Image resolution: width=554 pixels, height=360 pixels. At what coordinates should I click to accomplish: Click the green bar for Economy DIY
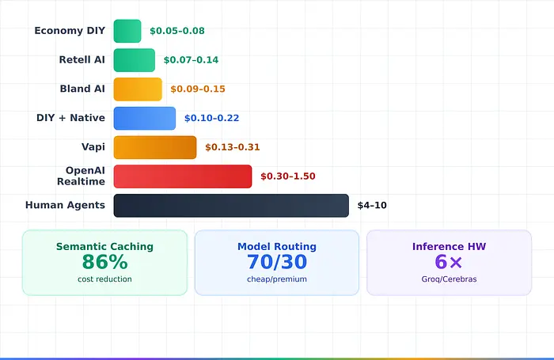pyautogui.click(x=127, y=31)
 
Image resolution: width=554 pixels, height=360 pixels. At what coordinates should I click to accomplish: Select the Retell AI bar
pyautogui.click(x=135, y=60)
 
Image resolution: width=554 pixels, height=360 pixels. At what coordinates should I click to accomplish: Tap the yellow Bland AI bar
pyautogui.click(x=138, y=89)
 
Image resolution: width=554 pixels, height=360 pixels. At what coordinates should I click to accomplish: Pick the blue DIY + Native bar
pyautogui.click(x=145, y=118)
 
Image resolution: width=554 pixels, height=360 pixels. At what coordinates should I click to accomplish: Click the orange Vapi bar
pyautogui.click(x=155, y=147)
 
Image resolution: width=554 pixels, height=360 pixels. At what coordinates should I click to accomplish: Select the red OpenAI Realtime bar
pyautogui.click(x=183, y=176)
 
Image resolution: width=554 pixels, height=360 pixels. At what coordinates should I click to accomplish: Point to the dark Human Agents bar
pyautogui.click(x=231, y=206)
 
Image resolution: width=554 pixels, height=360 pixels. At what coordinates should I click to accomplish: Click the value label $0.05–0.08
pyautogui.click(x=177, y=31)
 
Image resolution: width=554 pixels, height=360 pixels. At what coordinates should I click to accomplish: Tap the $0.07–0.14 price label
pyautogui.click(x=191, y=60)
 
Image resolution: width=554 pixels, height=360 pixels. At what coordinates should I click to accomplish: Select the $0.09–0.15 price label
pyautogui.click(x=198, y=89)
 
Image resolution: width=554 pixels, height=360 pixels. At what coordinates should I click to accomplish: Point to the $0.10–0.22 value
pyautogui.click(x=211, y=118)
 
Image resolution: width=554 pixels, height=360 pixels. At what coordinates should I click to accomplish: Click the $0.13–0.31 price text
pyautogui.click(x=232, y=147)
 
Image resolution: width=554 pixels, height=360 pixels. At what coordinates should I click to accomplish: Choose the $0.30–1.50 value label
pyautogui.click(x=287, y=176)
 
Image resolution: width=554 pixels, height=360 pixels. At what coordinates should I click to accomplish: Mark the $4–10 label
pyautogui.click(x=372, y=206)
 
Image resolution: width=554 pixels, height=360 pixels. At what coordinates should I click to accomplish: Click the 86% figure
pyautogui.click(x=104, y=262)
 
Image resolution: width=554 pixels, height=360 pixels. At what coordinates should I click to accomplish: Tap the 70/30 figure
pyautogui.click(x=277, y=262)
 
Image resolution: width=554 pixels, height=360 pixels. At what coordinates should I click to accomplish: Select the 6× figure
pyautogui.click(x=449, y=262)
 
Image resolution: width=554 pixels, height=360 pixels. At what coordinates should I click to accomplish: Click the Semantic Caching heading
pyautogui.click(x=104, y=247)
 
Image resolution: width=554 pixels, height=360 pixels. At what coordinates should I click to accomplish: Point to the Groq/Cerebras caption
pyautogui.click(x=449, y=279)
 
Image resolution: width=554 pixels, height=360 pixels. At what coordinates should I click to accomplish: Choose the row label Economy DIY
pyautogui.click(x=70, y=31)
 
